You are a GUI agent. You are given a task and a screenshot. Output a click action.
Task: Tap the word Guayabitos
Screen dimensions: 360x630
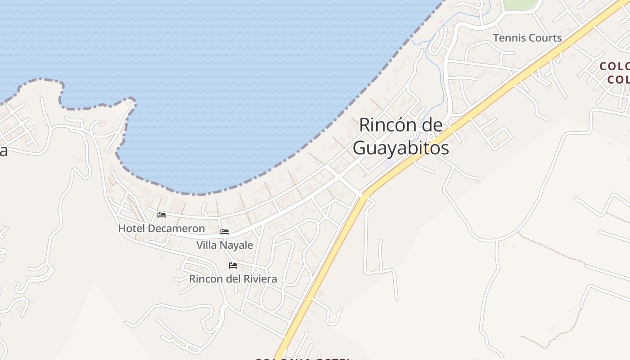pos(400,148)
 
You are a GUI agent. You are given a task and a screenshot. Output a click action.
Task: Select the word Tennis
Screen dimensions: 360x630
pos(509,38)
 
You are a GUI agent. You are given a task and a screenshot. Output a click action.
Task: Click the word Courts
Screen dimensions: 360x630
pos(545,38)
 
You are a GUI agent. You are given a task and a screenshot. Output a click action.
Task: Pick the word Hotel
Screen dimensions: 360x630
pos(131,229)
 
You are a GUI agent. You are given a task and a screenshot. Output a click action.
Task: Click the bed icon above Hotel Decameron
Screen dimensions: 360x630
pos(162,215)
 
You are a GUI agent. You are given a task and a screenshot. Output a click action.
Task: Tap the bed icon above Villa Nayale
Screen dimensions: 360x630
pos(225,232)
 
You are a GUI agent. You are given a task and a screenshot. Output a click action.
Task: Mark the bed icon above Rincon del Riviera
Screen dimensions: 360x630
pos(233,265)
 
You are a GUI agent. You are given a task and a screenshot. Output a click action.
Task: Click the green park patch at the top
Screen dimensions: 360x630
pos(520,4)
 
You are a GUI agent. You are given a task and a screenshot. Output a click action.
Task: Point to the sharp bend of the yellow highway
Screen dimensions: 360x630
pos(364,194)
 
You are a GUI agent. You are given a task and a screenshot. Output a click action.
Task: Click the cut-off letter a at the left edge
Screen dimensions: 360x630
pos(3,151)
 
